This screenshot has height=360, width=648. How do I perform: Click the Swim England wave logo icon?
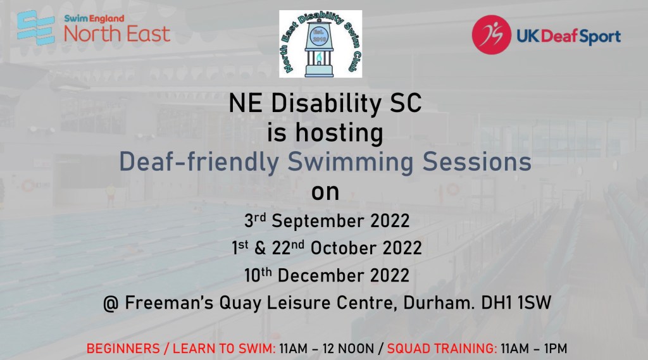pyautogui.click(x=36, y=28)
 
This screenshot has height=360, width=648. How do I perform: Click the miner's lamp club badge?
pyautogui.click(x=320, y=44)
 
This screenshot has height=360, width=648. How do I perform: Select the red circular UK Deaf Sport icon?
pyautogui.click(x=491, y=35)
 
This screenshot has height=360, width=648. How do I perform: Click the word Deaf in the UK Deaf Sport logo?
pyautogui.click(x=558, y=36)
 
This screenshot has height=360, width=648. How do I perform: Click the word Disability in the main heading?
pyautogui.click(x=326, y=103)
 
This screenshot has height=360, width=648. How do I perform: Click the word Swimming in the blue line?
pyautogui.click(x=351, y=163)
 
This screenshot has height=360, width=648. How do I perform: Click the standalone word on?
pyautogui.click(x=325, y=192)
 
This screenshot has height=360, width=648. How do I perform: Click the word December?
pyautogui.click(x=321, y=276)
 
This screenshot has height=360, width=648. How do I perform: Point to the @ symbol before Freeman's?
pyautogui.click(x=111, y=304)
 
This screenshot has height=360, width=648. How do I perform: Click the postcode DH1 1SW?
pyautogui.click(x=516, y=303)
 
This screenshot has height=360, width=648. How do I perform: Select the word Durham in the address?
pyautogui.click(x=439, y=303)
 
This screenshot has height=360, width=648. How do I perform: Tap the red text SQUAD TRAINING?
pyautogui.click(x=442, y=349)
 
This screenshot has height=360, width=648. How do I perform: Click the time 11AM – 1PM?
pyautogui.click(x=534, y=349)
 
